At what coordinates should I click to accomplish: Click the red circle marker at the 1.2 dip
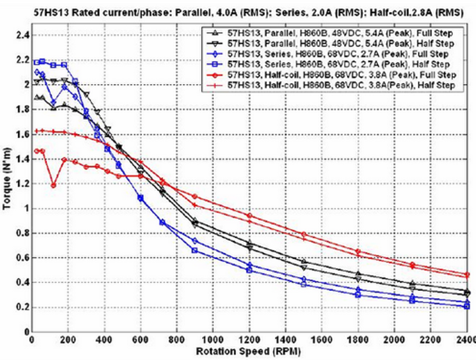pos(54,185)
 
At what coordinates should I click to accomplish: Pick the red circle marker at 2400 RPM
pos(467,275)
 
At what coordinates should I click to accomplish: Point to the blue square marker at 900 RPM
pos(195,250)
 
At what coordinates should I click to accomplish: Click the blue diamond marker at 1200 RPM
pos(249,265)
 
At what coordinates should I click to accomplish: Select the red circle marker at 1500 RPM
pos(304,234)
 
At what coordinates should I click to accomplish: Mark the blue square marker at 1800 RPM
pos(358,295)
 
